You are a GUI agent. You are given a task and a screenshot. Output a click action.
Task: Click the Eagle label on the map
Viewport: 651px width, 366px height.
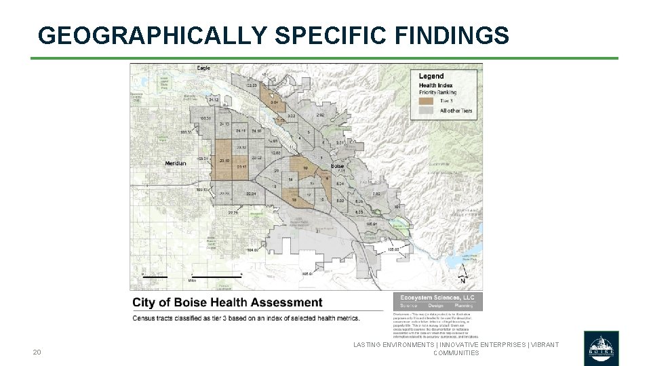point(203,68)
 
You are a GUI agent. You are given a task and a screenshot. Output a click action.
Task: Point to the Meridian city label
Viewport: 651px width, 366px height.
point(176,163)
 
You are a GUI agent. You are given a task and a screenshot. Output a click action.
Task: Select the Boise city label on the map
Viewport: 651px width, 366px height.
point(337,166)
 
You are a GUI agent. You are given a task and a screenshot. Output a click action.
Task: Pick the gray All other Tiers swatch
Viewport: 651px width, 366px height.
point(427,110)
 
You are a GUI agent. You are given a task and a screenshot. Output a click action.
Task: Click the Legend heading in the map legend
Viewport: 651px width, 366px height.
point(431,76)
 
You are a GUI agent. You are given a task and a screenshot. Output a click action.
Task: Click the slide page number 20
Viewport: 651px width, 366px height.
point(37,352)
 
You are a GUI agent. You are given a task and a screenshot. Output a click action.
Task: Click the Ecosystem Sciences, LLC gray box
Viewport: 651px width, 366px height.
point(437,301)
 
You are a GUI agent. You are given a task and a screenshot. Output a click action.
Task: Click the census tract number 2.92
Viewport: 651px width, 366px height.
point(321,116)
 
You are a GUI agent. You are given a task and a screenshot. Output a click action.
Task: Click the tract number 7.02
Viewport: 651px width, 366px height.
point(376,194)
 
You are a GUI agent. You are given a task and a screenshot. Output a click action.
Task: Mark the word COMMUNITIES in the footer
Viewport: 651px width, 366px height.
point(456,353)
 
